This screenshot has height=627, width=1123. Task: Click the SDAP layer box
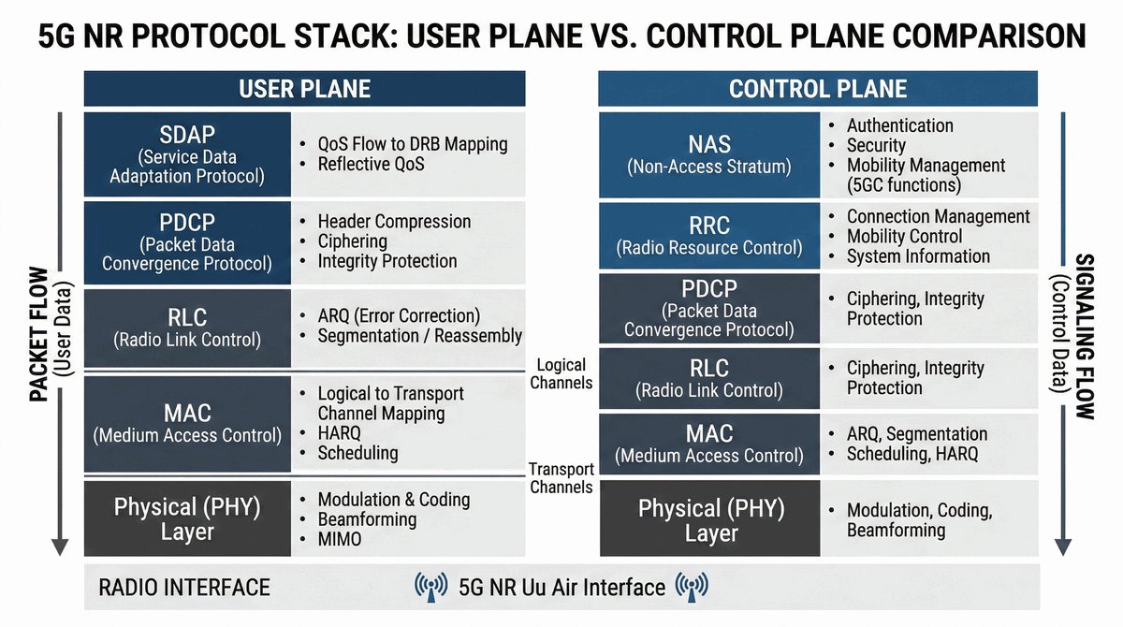click(x=187, y=153)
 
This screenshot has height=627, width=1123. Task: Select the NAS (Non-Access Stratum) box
click(x=709, y=154)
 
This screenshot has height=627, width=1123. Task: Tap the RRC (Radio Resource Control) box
click(x=709, y=236)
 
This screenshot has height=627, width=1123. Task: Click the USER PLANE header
click(x=305, y=89)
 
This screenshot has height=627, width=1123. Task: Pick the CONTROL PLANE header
click(x=818, y=89)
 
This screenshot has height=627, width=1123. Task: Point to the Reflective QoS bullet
click(x=371, y=164)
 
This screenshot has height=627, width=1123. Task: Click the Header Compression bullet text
click(x=394, y=221)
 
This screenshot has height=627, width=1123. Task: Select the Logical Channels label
click(x=561, y=374)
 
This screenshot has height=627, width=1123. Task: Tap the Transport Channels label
click(x=561, y=478)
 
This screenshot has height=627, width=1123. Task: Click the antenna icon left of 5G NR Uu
click(x=431, y=587)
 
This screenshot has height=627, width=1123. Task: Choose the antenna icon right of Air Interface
click(x=692, y=587)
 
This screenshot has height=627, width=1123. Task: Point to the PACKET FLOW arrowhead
click(x=60, y=547)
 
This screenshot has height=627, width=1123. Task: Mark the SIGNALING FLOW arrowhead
click(x=1063, y=547)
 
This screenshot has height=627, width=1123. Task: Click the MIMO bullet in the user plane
click(x=340, y=539)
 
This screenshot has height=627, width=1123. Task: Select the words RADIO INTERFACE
click(x=184, y=588)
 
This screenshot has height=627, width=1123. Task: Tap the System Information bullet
click(x=918, y=256)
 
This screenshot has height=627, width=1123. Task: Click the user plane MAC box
click(x=187, y=424)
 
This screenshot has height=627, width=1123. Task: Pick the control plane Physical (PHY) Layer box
click(x=710, y=518)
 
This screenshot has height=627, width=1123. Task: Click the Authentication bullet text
click(x=900, y=125)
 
